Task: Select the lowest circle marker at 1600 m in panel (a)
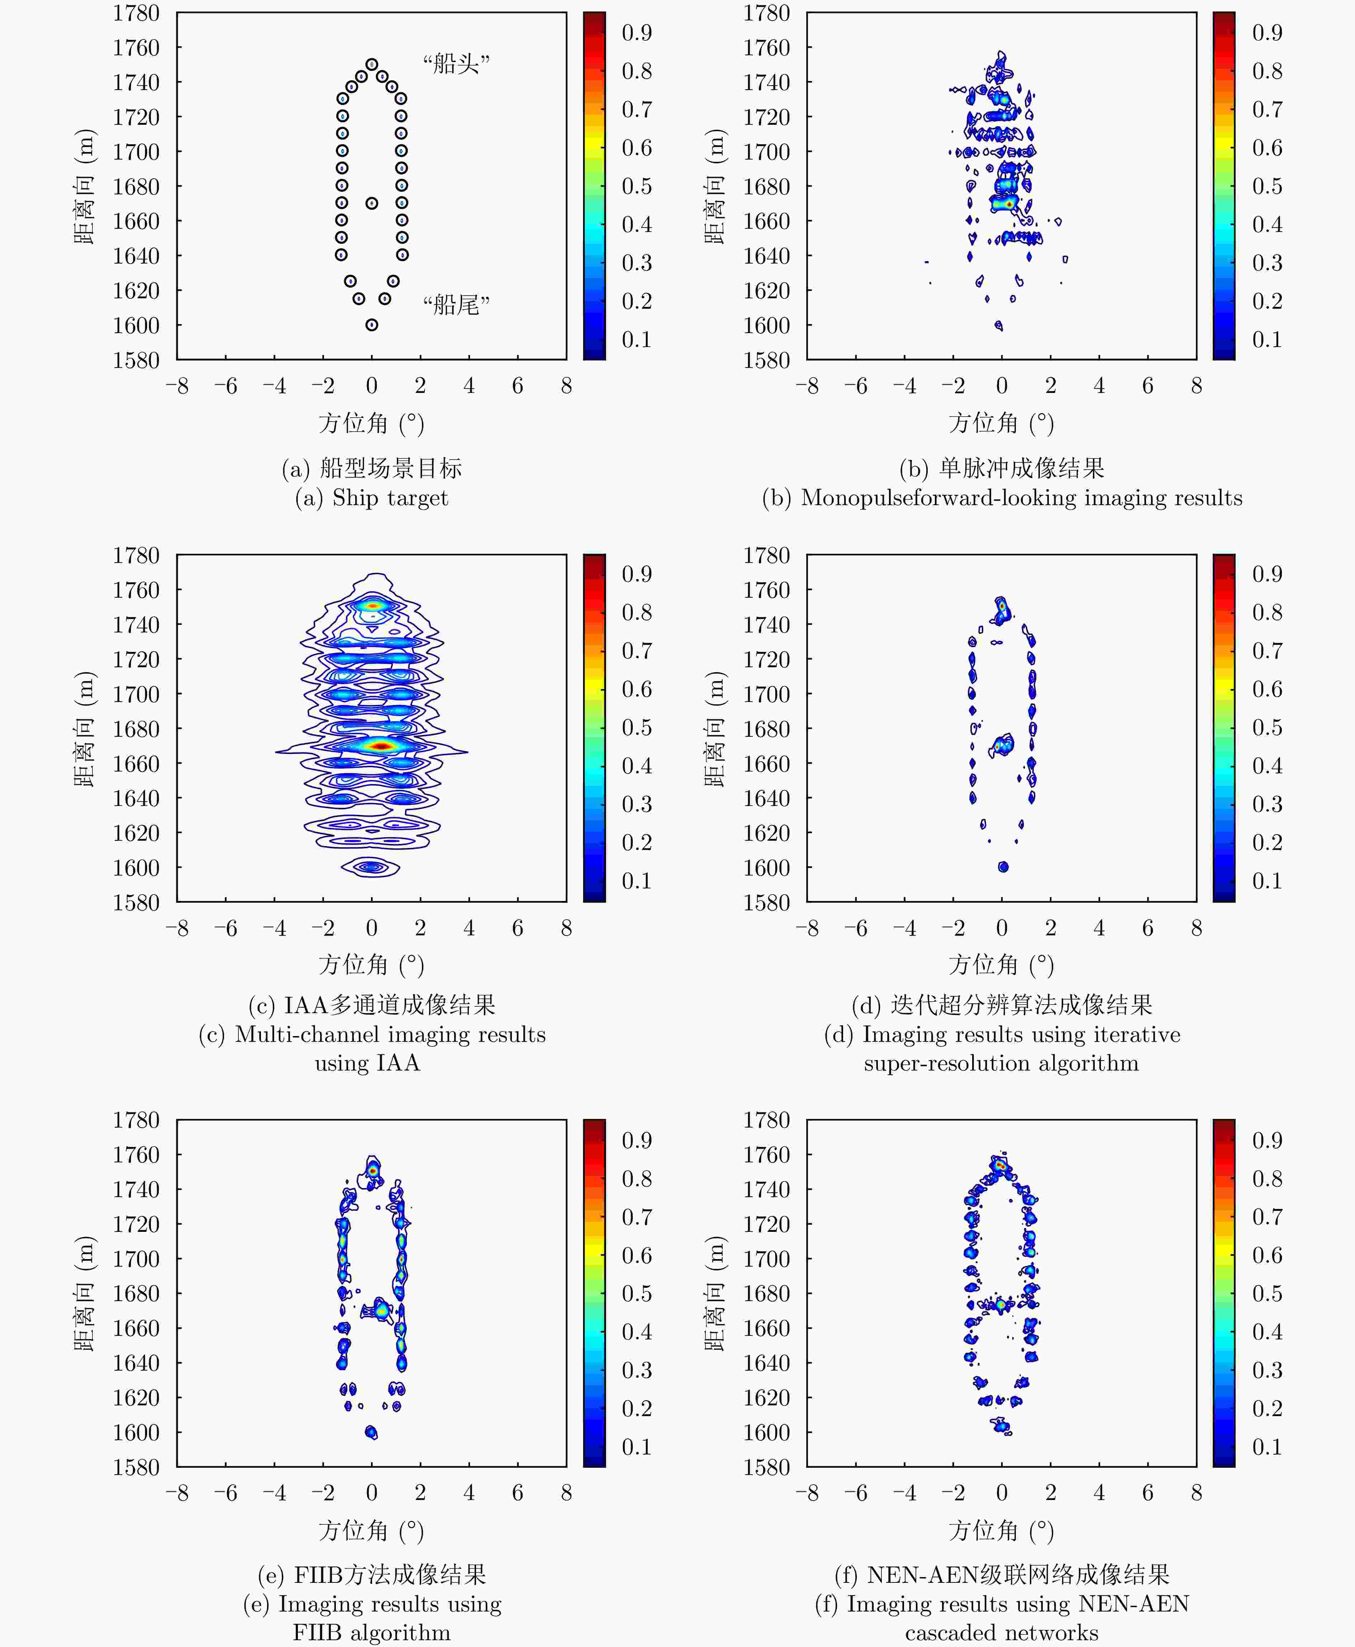pyautogui.click(x=371, y=325)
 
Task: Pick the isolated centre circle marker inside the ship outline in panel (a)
pyautogui.click(x=371, y=203)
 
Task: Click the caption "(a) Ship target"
pyautogui.click(x=371, y=498)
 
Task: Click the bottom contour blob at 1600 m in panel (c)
pyautogui.click(x=371, y=867)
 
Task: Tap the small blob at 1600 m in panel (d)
pyautogui.click(x=1003, y=867)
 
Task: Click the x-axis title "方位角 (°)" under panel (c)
pyautogui.click(x=371, y=965)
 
